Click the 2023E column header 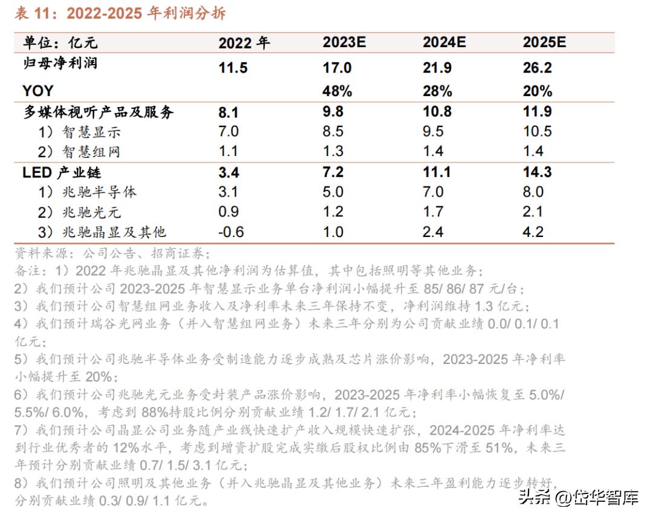pyautogui.click(x=345, y=43)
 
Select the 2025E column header pyautogui.click(x=544, y=43)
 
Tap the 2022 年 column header pyautogui.click(x=244, y=43)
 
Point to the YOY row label pyautogui.click(x=38, y=91)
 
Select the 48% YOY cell pyautogui.click(x=337, y=91)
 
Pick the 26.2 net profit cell pyautogui.click(x=538, y=67)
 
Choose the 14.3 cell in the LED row pyautogui.click(x=538, y=172)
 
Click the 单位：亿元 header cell pyautogui.click(x=60, y=43)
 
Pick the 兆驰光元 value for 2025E pyautogui.click(x=533, y=212)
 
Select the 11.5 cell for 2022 pyautogui.click(x=233, y=67)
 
